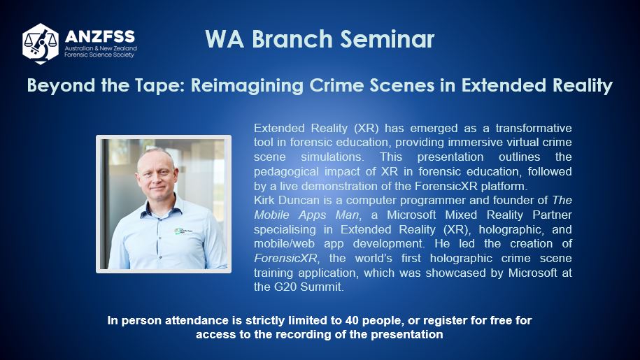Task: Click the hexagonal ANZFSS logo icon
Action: tap(41, 43)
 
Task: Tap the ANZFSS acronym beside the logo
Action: tap(99, 36)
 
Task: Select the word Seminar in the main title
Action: tap(387, 39)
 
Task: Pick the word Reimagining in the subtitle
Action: tap(247, 85)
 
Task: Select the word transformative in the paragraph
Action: tap(534, 128)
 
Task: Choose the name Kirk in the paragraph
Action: tap(264, 200)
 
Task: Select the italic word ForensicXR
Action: tap(285, 258)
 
